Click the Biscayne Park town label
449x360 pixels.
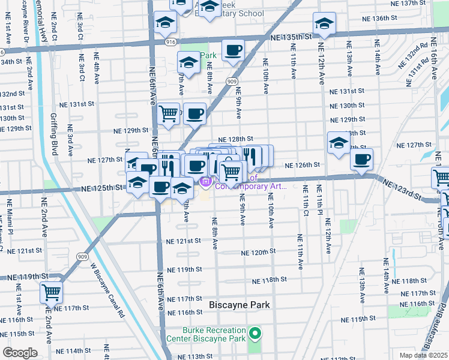[x=240, y=305]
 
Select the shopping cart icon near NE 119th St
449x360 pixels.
[x=52, y=293]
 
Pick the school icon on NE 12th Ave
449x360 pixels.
[x=324, y=24]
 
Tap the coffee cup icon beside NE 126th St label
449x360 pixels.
[x=361, y=159]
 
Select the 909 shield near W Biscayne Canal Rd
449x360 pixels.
[x=80, y=256]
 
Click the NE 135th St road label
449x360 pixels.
[x=292, y=37]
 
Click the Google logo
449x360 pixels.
[x=20, y=352]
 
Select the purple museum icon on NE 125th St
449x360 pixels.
[x=205, y=181]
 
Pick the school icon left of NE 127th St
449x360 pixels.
[x=339, y=143]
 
